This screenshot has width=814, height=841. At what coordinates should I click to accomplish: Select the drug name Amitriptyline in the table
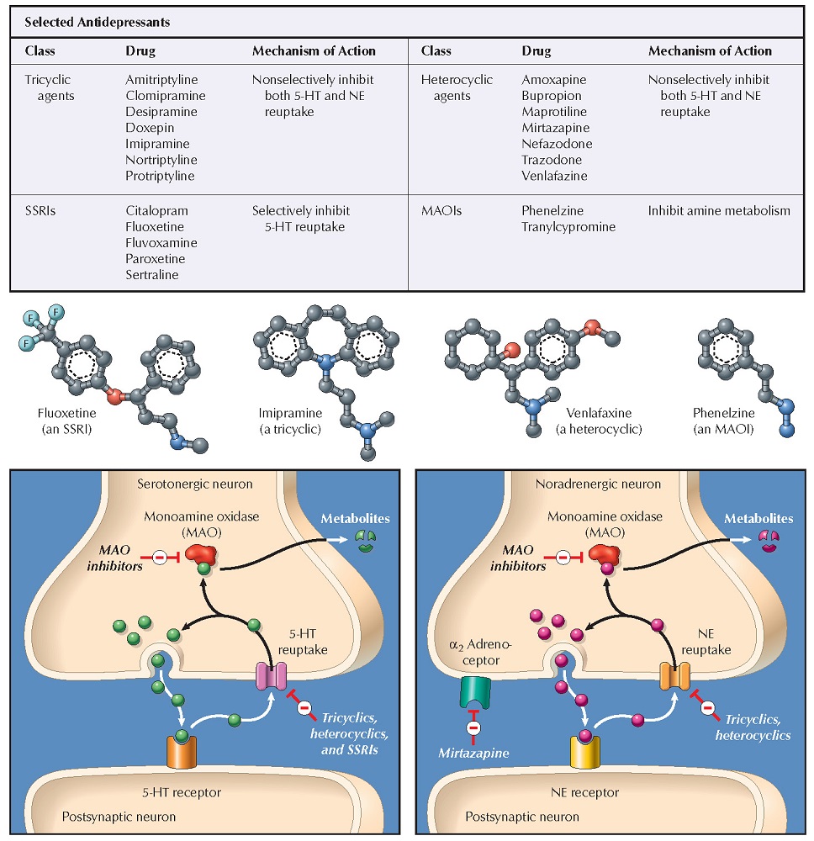click(x=160, y=80)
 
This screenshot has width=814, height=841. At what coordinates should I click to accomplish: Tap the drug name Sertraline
click(x=152, y=275)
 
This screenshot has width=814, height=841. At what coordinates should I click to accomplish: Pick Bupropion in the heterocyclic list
click(x=552, y=96)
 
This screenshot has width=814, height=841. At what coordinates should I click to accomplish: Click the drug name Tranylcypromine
click(x=568, y=227)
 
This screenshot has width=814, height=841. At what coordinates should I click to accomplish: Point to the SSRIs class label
click(x=40, y=211)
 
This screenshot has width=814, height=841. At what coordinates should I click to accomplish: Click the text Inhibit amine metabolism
click(x=719, y=211)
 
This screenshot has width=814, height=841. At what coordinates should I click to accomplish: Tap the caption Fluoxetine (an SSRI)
click(x=67, y=421)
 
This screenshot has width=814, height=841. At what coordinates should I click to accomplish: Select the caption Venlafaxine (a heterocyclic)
click(x=599, y=421)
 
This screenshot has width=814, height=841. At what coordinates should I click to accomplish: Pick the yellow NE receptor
click(x=586, y=748)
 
